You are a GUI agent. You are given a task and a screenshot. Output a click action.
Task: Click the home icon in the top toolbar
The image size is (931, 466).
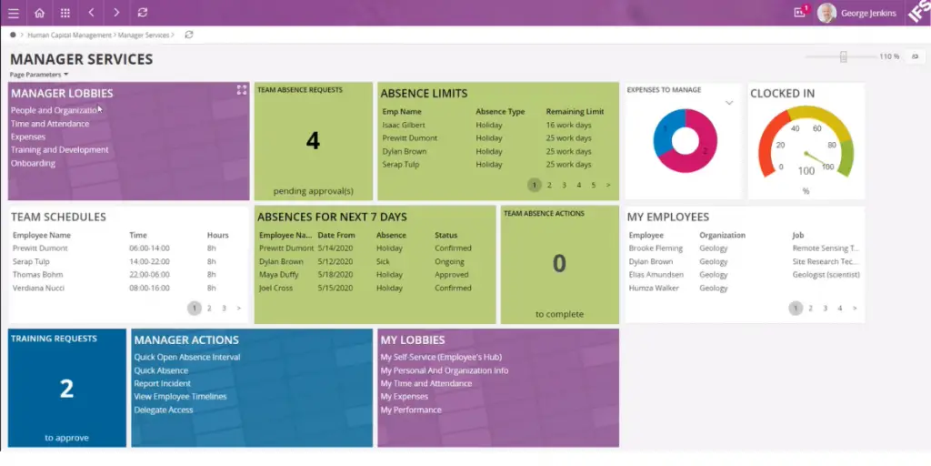point(39,13)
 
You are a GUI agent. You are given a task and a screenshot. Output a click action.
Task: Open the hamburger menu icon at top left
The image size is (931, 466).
point(13,13)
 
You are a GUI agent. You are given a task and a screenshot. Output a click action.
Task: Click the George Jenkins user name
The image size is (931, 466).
point(868,14)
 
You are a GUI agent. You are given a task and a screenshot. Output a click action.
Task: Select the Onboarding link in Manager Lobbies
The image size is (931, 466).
point(33,163)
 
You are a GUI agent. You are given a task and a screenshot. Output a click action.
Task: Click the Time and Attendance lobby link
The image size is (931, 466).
point(50,124)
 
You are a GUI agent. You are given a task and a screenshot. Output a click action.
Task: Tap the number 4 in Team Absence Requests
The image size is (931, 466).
point(313,140)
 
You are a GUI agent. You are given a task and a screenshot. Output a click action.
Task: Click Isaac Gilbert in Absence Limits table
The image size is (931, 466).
point(403,125)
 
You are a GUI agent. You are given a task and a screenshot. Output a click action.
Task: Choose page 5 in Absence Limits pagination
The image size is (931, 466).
point(594,185)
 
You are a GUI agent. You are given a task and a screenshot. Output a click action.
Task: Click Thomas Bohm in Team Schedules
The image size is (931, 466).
point(37,275)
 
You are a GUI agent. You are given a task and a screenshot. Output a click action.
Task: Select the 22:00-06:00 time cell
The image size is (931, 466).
point(150,275)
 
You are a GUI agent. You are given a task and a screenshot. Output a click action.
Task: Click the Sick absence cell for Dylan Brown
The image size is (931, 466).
point(383,261)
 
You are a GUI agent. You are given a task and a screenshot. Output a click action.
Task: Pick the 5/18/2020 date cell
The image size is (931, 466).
point(335,275)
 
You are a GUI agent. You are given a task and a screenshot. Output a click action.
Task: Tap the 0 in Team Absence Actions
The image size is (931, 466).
point(559,263)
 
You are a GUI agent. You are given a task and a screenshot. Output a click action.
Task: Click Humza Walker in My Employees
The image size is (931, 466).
point(653,289)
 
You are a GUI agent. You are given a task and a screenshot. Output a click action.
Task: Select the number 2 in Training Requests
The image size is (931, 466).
point(66,389)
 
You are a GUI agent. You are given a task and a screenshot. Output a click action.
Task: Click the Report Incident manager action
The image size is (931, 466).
point(163,383)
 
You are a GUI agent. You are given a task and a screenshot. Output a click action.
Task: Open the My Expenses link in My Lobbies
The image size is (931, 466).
point(405,397)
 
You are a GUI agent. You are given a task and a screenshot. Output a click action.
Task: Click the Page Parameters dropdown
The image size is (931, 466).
point(39,75)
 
